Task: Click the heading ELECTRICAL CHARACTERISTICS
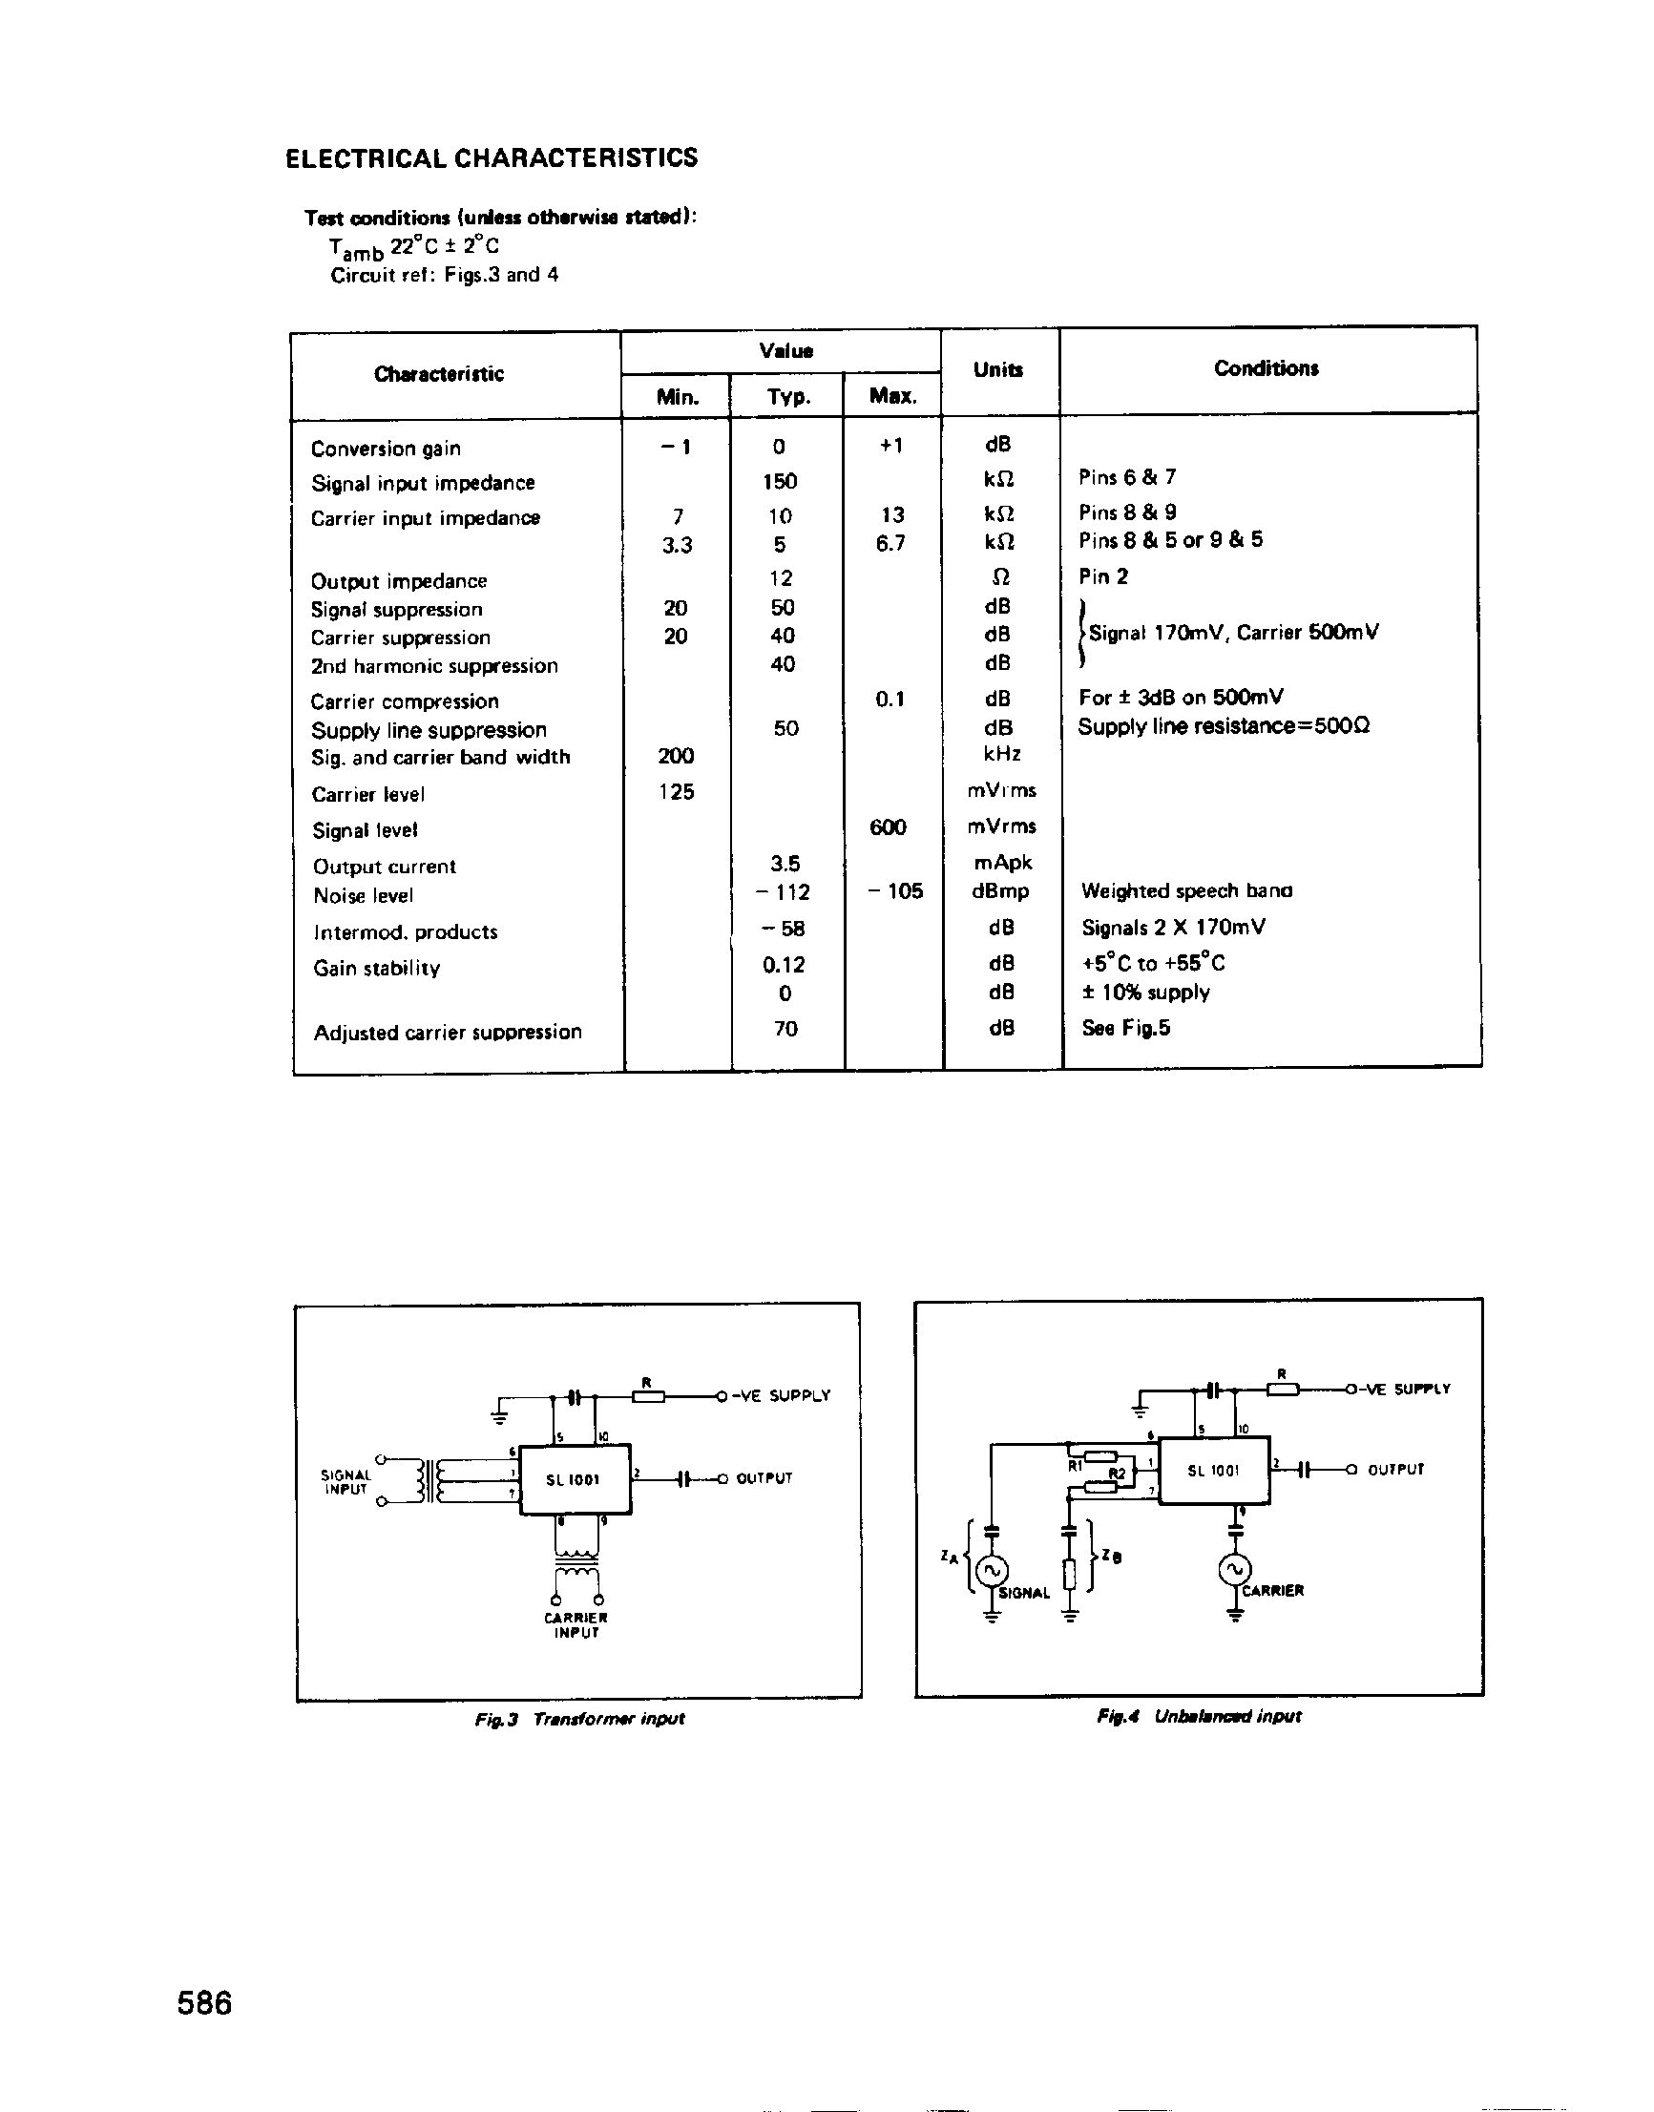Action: pos(491,158)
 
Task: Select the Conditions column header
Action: pos(1266,369)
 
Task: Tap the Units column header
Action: pos(997,370)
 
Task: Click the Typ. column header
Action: pos(788,397)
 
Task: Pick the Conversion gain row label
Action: pos(386,450)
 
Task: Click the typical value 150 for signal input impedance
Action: pos(780,482)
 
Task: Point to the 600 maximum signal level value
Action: pos(888,827)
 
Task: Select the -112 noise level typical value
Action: pos(784,892)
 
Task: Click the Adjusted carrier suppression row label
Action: pos(448,1033)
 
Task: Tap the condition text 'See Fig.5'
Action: pos(1125,1029)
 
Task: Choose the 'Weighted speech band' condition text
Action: pos(1186,890)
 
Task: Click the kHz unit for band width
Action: pos(1001,754)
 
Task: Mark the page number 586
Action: pos(204,2002)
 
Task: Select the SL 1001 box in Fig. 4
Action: pos(1213,1470)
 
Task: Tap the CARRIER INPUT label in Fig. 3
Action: pos(576,1625)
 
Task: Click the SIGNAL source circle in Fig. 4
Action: pos(991,1570)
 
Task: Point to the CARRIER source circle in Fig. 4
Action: pos(1235,1569)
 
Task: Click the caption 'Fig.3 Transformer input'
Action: pos(579,1719)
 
